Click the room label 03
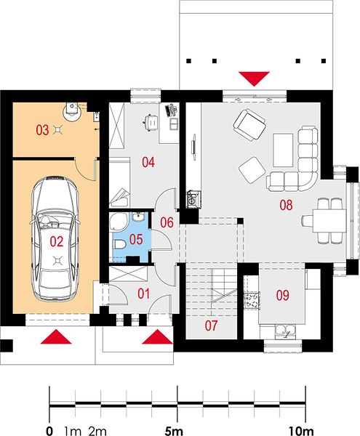click(42, 130)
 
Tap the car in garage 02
click(56, 238)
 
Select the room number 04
click(148, 162)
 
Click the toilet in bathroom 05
click(119, 244)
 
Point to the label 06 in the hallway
click(167, 222)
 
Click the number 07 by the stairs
click(211, 326)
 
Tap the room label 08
click(286, 205)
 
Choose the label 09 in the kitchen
click(283, 295)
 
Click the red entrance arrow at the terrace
click(254, 78)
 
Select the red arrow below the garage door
click(56, 336)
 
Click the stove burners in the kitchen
click(252, 300)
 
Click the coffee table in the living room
click(283, 150)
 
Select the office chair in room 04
click(151, 122)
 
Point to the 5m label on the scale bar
click(174, 431)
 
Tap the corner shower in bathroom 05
click(119, 222)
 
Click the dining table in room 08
click(329, 221)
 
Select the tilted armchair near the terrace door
click(249, 124)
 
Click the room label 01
click(143, 294)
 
